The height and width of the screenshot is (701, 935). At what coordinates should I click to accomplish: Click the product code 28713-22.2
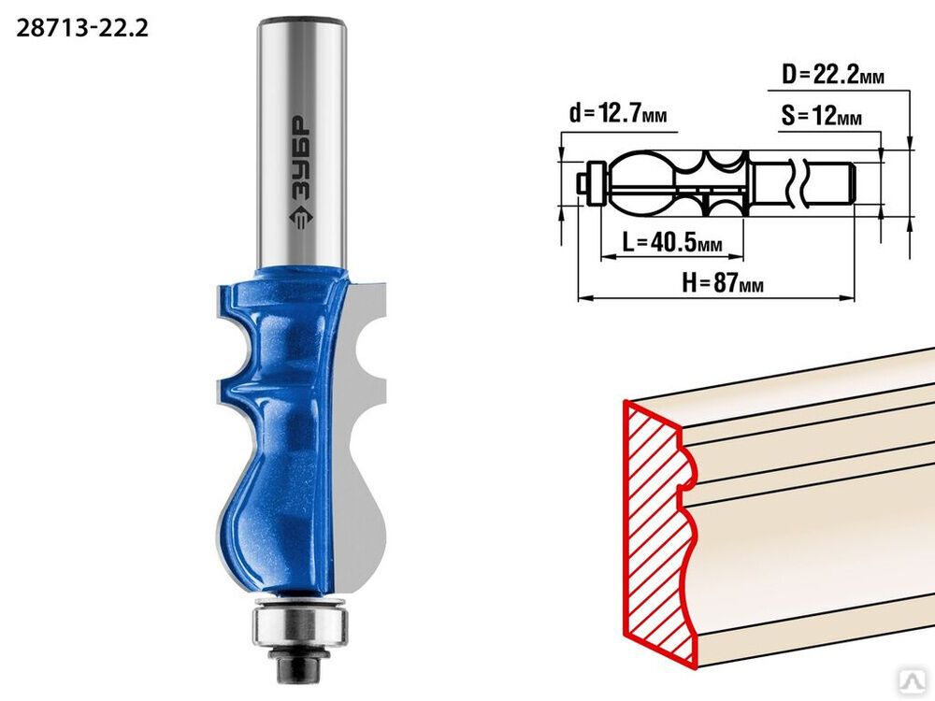click(82, 27)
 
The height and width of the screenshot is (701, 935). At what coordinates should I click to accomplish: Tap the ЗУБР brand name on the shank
click(301, 159)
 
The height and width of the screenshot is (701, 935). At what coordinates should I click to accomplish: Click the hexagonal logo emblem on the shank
click(301, 218)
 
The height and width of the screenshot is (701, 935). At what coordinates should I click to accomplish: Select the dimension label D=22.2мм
click(833, 75)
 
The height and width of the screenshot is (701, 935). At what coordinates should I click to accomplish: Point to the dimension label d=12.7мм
click(618, 112)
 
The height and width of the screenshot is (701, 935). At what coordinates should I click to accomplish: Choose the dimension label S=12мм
click(822, 116)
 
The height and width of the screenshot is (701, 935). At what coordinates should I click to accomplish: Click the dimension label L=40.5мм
click(672, 242)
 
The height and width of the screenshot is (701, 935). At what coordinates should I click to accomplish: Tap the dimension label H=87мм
click(723, 282)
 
